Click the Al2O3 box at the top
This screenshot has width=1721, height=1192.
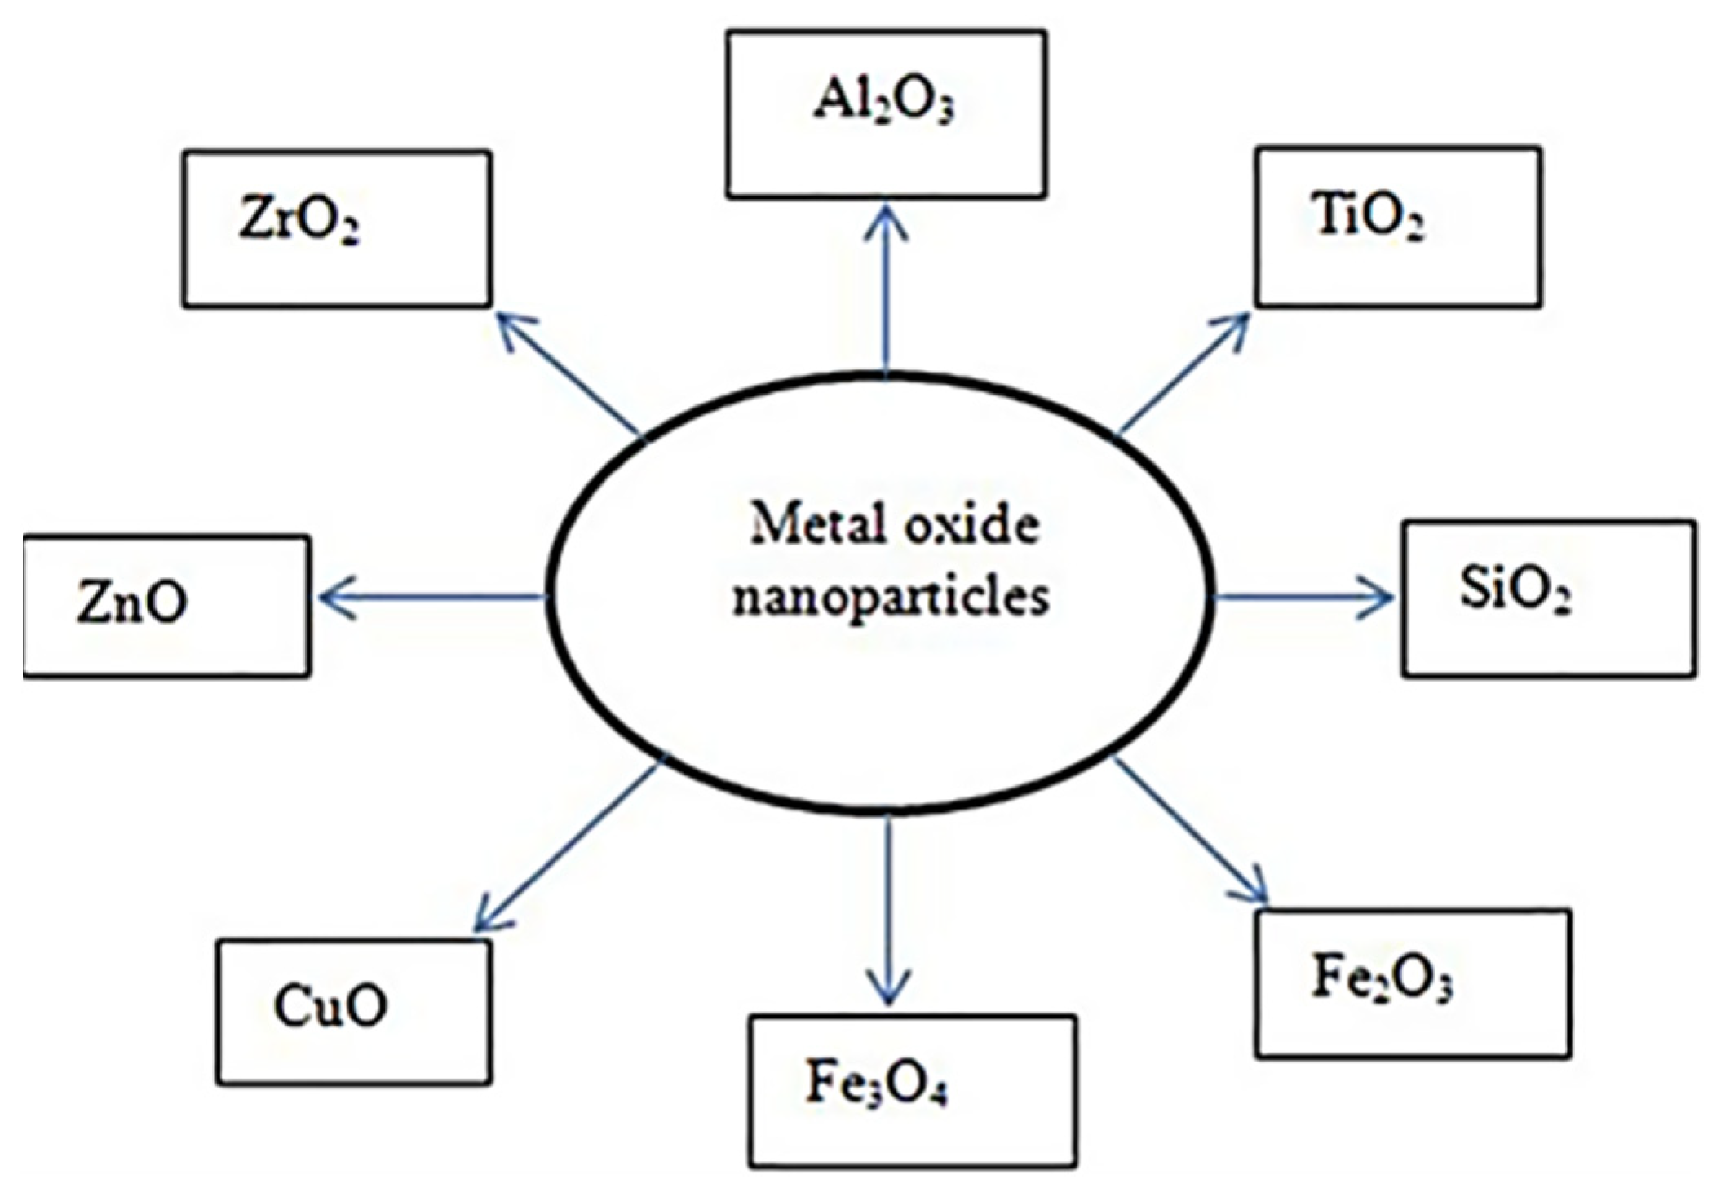(x=886, y=114)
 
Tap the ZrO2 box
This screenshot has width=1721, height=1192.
(x=336, y=228)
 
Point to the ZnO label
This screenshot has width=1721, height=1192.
(x=132, y=603)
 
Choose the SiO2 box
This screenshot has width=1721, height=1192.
(x=1548, y=598)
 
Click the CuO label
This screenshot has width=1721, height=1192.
(x=330, y=1006)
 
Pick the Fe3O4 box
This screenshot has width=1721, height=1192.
(x=912, y=1091)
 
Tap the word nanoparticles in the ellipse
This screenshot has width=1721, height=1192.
(x=890, y=598)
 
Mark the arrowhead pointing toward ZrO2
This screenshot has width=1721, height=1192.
(x=510, y=326)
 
